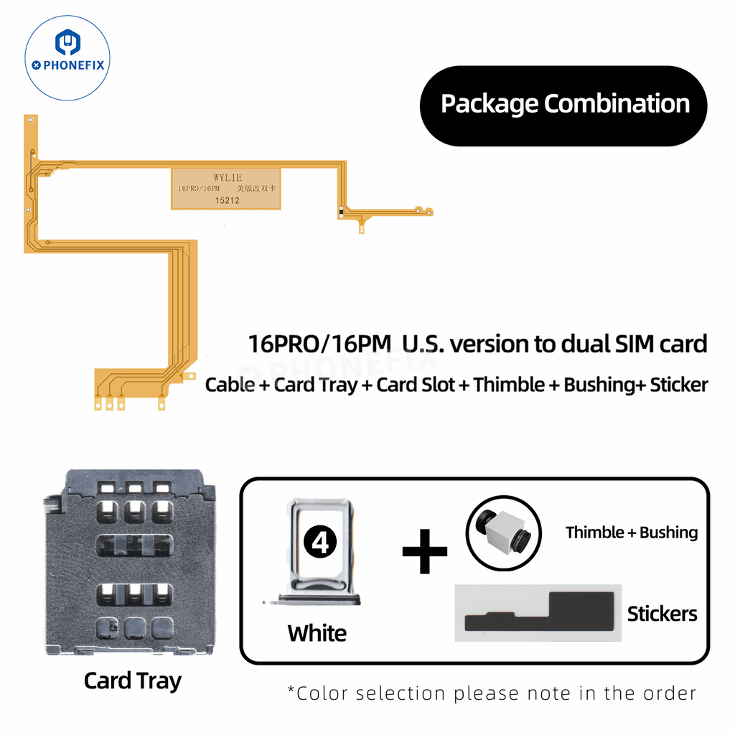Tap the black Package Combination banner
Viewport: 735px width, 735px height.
pos(564,104)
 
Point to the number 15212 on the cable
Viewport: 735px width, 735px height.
pos(227,201)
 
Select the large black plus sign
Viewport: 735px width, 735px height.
pos(424,551)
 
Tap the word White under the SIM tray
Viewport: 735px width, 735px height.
pos(317,633)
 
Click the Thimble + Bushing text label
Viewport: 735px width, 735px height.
pos(632,533)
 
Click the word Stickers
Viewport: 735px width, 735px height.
pos(662,614)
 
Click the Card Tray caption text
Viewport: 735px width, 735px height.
pos(132,680)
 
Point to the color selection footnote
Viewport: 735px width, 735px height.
pos(492,693)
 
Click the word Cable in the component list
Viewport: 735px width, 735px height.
pos(230,385)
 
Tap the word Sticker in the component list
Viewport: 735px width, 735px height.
pos(678,385)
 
